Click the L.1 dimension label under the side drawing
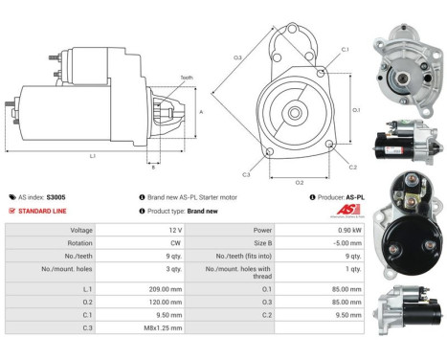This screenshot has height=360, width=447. [92, 156]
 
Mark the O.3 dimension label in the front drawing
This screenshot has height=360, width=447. [237, 58]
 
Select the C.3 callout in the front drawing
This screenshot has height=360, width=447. [246, 175]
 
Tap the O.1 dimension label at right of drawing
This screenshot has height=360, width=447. [356, 110]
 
